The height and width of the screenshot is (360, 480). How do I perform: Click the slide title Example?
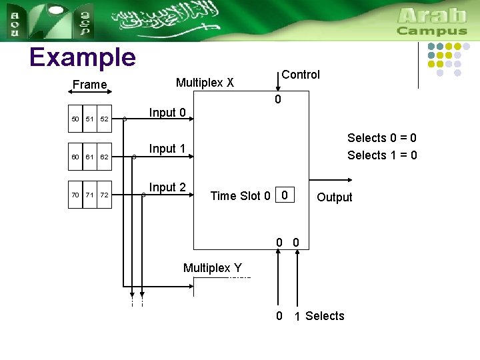[x=82, y=58]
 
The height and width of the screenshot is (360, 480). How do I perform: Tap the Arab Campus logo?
[x=432, y=21]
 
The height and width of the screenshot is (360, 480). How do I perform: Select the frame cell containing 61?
[x=89, y=157]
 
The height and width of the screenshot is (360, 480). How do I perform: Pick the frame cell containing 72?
[x=104, y=195]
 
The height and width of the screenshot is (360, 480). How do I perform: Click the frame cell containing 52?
[x=104, y=119]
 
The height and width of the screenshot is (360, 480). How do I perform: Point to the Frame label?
[x=89, y=85]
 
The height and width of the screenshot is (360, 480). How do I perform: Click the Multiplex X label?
[x=205, y=83]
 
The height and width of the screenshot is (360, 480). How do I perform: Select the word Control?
[x=301, y=75]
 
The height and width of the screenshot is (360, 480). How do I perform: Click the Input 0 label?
[x=167, y=113]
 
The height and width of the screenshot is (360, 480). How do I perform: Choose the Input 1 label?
[x=167, y=149]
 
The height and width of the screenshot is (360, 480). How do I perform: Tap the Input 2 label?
[x=167, y=187]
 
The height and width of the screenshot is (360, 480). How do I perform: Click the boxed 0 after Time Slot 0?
[x=285, y=195]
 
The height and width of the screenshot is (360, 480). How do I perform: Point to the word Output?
[x=335, y=197]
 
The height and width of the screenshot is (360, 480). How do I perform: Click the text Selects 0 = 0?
[x=382, y=138]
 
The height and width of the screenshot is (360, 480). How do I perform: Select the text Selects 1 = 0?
[x=382, y=155]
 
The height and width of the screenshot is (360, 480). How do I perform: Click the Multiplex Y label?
[x=213, y=268]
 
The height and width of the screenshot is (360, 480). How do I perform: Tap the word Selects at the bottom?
[x=325, y=316]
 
